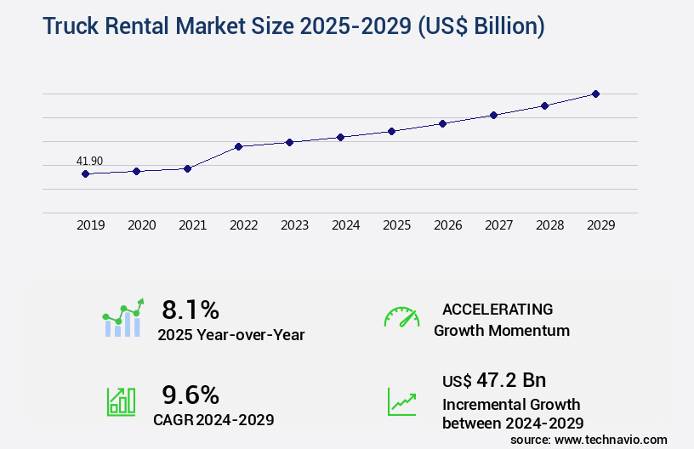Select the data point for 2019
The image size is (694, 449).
[x=85, y=173]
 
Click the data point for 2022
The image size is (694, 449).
[x=238, y=146]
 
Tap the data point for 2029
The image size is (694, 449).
[x=595, y=94]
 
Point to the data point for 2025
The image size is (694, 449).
[x=391, y=131]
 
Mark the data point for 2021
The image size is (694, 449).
[x=187, y=168]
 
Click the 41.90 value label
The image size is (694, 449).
[x=89, y=161]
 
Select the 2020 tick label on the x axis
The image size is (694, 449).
[x=141, y=225]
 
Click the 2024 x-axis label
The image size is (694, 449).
[x=345, y=225]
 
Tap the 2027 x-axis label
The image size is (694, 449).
[x=498, y=225]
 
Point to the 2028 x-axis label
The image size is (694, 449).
[x=549, y=225]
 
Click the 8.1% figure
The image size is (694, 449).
[x=191, y=310]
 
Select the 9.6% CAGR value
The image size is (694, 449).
[x=191, y=395]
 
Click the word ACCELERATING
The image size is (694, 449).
[x=498, y=309]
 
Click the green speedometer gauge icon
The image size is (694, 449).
[x=401, y=316]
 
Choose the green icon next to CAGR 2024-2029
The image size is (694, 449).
[x=121, y=401]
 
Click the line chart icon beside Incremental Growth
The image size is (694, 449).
[x=401, y=401]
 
